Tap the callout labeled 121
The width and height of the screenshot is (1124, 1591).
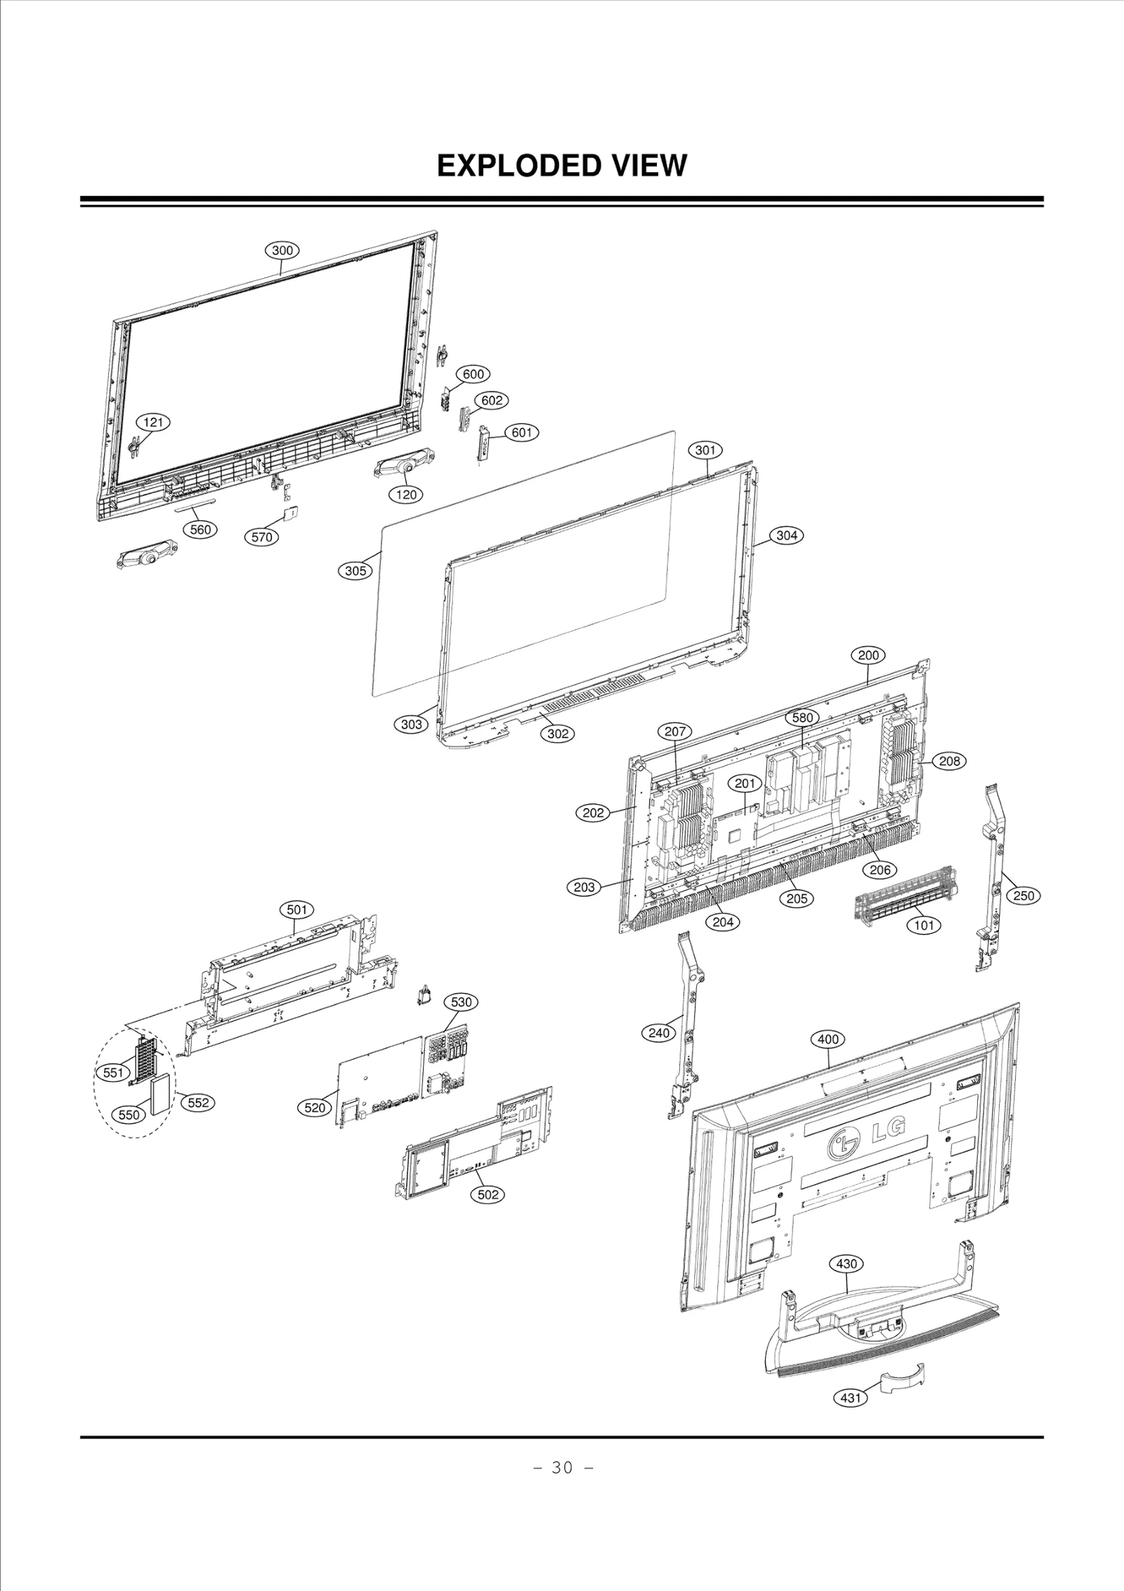tap(153, 422)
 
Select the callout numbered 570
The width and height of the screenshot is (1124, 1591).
tap(261, 538)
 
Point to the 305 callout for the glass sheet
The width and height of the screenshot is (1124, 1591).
tap(355, 571)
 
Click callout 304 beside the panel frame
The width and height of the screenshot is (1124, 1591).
tap(787, 535)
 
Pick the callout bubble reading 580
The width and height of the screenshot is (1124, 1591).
tap(802, 717)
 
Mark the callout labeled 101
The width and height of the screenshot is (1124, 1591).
tap(924, 926)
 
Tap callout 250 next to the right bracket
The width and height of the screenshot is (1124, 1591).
tap(1024, 896)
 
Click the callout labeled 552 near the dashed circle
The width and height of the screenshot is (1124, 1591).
tap(198, 1103)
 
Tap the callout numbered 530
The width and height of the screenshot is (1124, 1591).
tap(461, 1003)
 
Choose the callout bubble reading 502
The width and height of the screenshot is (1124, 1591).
tap(488, 1195)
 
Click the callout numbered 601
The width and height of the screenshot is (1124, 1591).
tap(521, 433)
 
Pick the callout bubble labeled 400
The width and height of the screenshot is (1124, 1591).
tap(828, 1039)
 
